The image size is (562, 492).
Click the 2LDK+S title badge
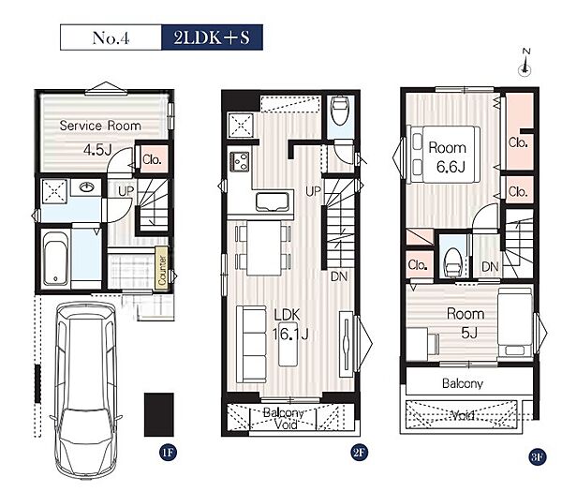point(212,37)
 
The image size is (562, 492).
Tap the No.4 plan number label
point(111,38)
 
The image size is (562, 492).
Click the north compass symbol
point(525,63)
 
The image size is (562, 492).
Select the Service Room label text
point(100,126)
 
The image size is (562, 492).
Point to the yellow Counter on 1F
point(162,267)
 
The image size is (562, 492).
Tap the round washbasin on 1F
point(86,187)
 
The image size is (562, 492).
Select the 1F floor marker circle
point(168,453)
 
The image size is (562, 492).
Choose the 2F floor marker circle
point(359,453)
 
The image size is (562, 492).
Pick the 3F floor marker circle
point(537,457)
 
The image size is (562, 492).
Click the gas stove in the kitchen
point(240,161)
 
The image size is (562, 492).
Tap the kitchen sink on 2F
point(273,201)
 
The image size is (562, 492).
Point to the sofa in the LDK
point(251,344)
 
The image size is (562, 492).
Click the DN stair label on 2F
point(339,276)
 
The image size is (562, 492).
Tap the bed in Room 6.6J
point(445,155)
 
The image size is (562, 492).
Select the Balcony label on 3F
point(463,383)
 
